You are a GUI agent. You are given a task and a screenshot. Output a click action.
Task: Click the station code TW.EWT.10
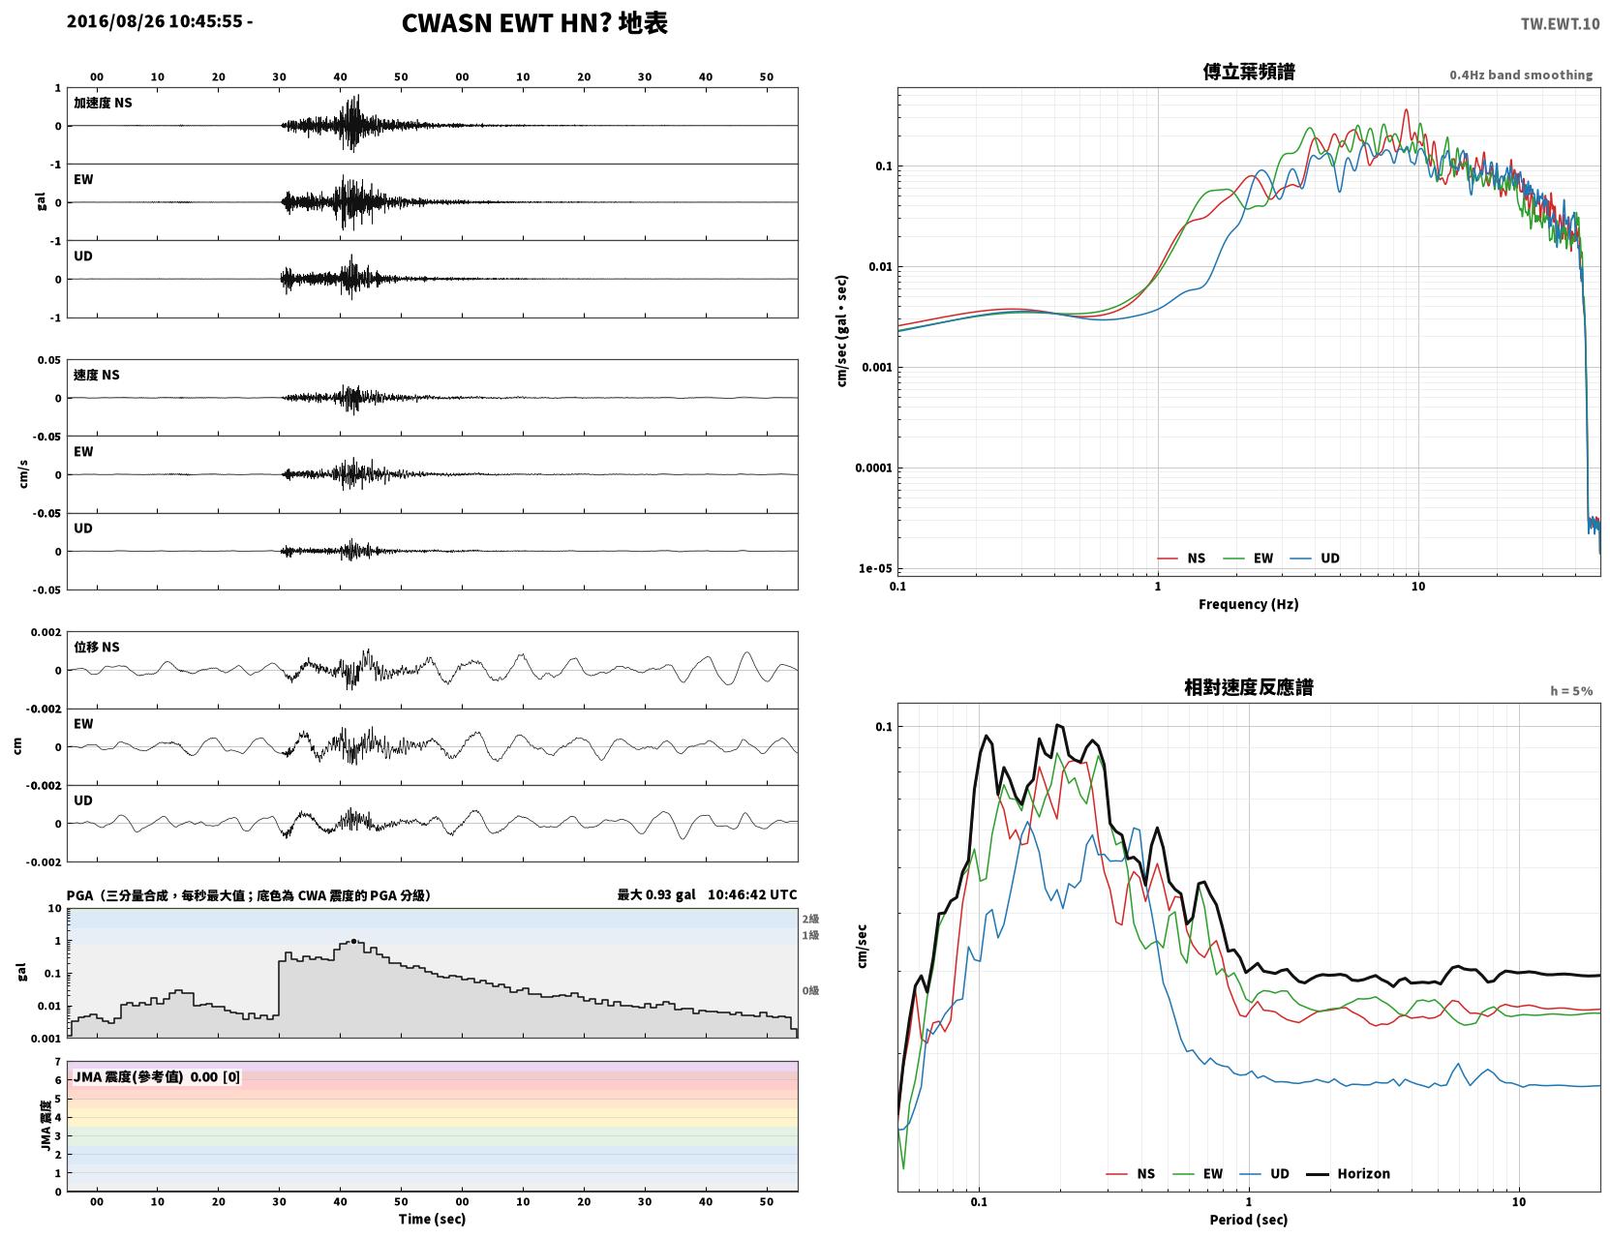[1560, 23]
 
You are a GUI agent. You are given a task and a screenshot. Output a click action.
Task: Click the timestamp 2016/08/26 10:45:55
[154, 21]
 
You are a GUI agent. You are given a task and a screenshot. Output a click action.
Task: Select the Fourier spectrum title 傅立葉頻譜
[1249, 72]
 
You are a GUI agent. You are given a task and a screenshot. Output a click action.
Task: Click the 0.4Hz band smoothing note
[1520, 75]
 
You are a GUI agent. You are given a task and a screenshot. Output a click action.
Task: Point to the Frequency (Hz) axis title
[1249, 604]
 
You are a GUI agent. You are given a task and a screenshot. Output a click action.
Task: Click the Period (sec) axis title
[1249, 1220]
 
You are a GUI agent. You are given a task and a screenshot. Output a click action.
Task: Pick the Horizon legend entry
[1349, 1173]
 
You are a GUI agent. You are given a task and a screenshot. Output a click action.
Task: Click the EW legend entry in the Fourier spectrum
[1249, 559]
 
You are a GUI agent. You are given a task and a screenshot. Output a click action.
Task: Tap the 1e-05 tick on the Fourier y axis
[875, 568]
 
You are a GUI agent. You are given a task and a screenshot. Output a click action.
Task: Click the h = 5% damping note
[1570, 691]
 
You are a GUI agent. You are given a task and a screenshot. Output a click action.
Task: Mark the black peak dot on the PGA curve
[353, 942]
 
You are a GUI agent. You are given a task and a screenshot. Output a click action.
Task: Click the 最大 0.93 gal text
[655, 894]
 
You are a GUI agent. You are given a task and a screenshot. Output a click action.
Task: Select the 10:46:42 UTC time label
[752, 894]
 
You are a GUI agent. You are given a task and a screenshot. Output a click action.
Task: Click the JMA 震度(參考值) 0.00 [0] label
[156, 1076]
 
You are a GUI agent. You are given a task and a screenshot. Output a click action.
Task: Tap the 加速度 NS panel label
[103, 103]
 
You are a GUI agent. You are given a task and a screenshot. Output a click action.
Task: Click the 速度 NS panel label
[96, 375]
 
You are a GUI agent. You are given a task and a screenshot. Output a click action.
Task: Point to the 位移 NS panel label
[96, 647]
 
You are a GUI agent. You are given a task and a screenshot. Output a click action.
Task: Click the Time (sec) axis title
[432, 1219]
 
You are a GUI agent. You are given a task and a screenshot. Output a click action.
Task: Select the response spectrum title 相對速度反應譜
[1249, 687]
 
